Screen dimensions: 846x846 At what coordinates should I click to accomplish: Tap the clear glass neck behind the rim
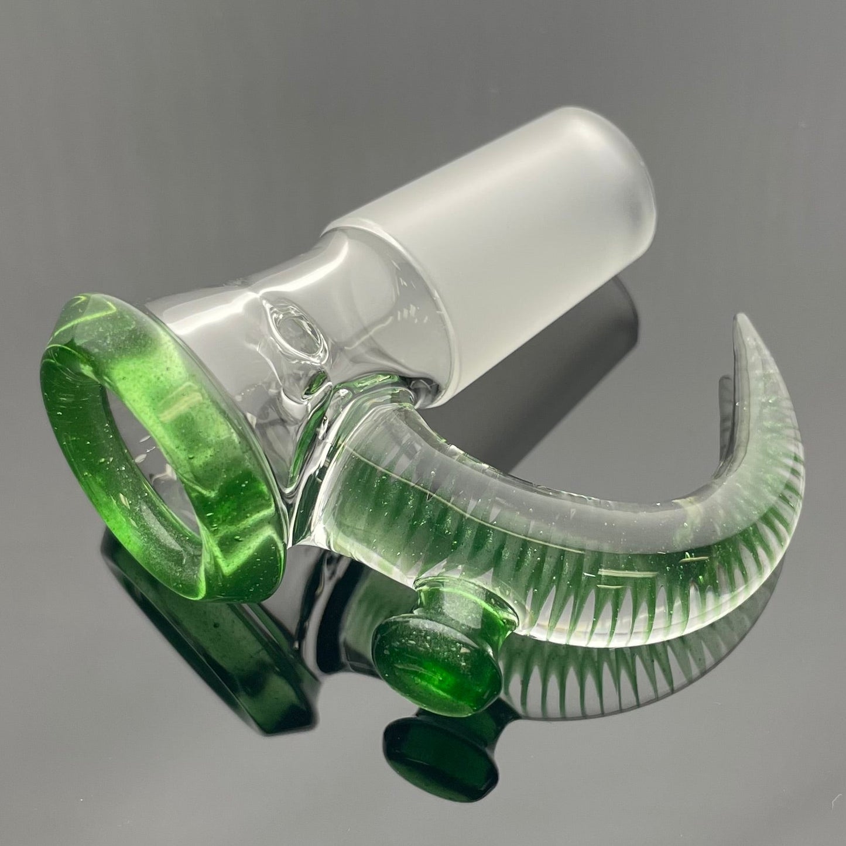(x=246, y=304)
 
